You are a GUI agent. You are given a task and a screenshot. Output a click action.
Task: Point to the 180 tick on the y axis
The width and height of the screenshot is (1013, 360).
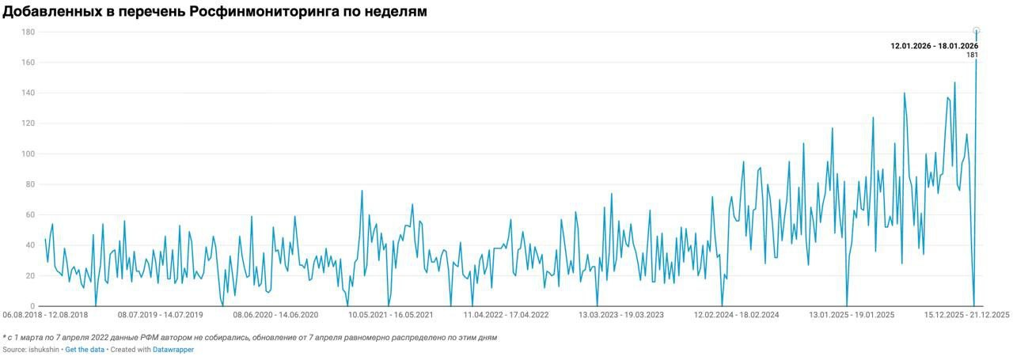point(28,32)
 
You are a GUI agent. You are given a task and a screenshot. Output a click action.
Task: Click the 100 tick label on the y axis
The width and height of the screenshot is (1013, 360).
point(28,154)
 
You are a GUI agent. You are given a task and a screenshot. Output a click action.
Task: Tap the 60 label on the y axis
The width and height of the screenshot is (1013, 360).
point(29,215)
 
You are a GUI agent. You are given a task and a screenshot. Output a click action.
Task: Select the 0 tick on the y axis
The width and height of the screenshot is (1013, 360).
point(32,306)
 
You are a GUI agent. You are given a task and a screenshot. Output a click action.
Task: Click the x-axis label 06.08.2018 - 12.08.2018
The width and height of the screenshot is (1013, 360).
point(45,315)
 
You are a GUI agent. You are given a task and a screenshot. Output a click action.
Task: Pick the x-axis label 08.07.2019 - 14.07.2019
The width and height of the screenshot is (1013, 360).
point(161,315)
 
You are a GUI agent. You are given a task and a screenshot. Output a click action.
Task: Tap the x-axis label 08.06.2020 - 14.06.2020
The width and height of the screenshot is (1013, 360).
point(275,315)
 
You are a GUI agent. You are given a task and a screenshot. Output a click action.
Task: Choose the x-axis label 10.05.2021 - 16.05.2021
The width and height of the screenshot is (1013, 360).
point(391,315)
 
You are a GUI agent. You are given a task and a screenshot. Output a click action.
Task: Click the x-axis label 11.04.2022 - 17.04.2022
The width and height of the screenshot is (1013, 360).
point(506,315)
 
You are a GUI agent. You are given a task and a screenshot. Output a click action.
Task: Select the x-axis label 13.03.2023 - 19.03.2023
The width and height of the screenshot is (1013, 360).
point(621,315)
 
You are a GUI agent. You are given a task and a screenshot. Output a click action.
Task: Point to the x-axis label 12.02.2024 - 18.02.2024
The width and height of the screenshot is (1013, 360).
point(737,315)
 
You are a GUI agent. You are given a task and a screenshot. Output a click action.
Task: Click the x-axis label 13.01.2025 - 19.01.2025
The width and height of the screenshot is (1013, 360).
point(852,315)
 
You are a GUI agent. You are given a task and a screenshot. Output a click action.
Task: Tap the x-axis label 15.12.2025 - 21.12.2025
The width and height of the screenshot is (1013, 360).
point(967,315)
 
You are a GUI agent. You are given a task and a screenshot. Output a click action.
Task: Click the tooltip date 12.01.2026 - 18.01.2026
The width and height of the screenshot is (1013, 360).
point(935,46)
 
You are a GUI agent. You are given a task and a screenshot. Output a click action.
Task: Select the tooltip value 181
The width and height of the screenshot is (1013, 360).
point(973,55)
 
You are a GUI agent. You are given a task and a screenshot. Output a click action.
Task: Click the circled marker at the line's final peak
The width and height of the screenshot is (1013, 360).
point(976,31)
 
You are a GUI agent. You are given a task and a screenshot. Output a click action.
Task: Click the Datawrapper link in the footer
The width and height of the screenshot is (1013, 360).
point(174,350)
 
